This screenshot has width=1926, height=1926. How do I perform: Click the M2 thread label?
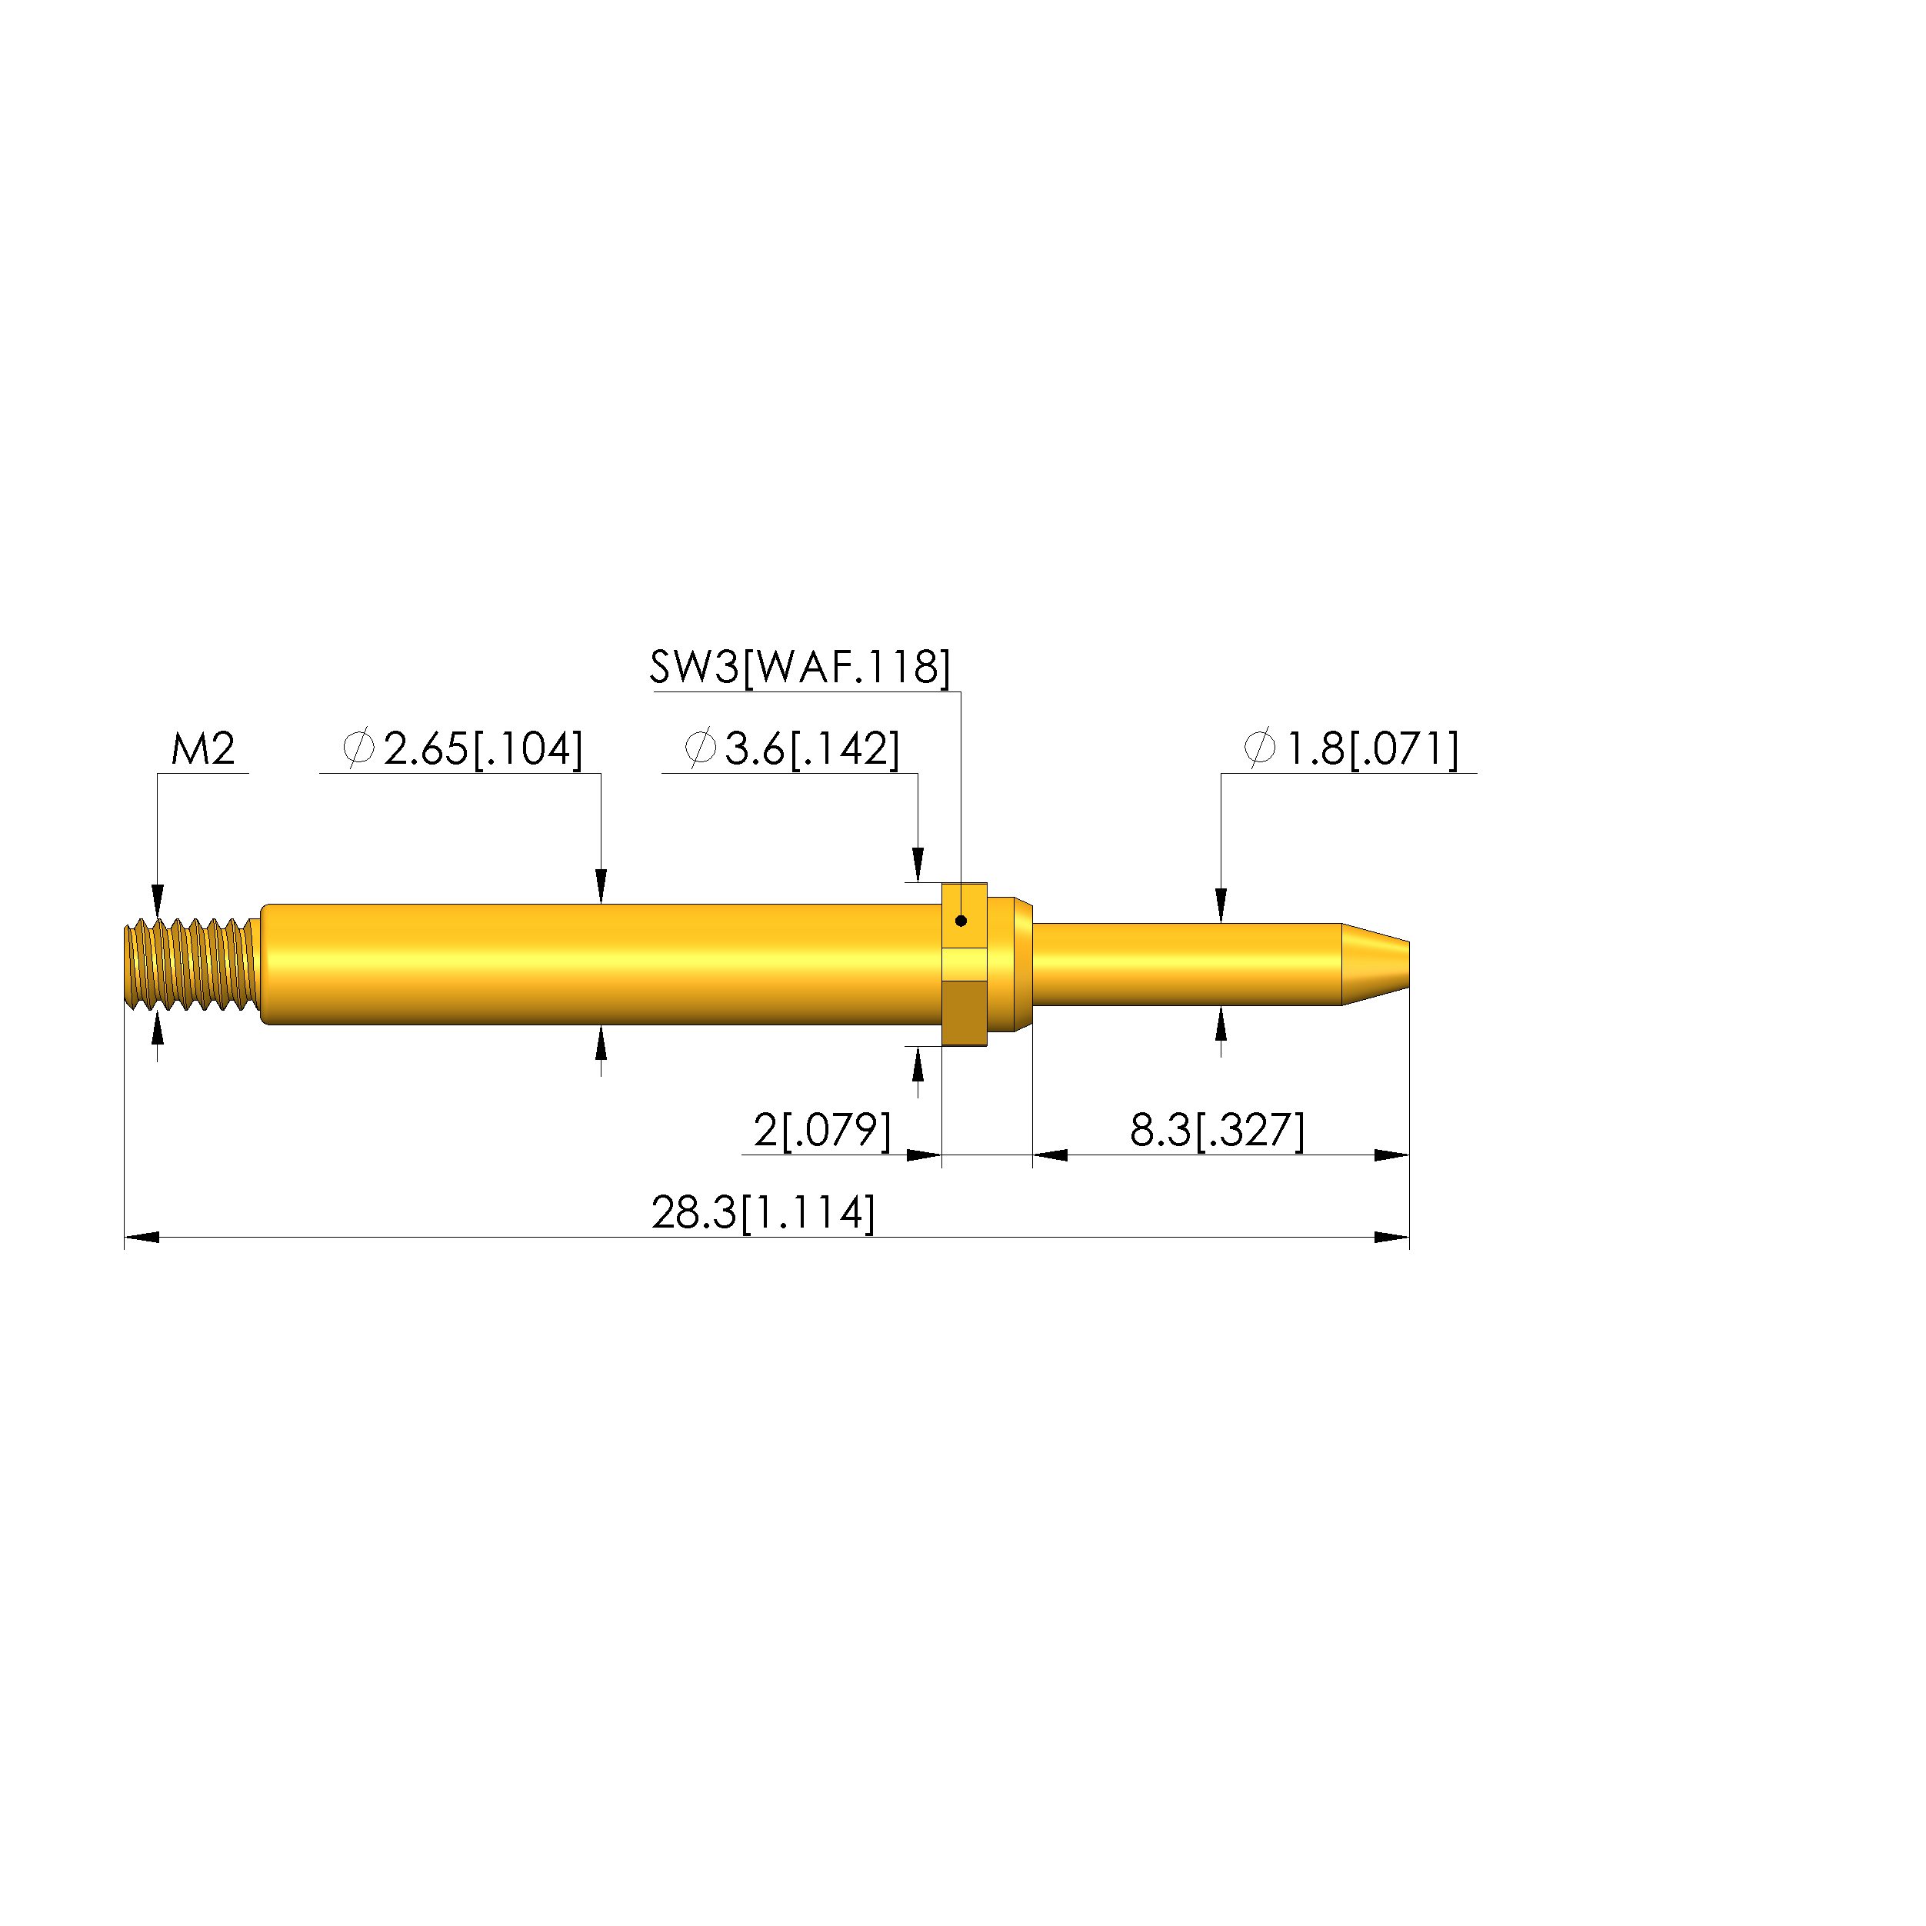click(203, 748)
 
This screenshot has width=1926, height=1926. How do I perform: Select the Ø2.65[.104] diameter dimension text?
click(462, 748)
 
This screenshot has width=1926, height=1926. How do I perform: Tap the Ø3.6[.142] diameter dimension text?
click(792, 748)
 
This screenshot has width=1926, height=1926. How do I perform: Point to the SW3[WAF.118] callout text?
click(801, 667)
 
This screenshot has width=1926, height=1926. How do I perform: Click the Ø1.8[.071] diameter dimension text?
click(1351, 748)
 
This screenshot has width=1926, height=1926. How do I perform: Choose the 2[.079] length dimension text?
click(822, 1131)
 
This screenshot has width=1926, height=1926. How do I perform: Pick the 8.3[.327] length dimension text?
click(1217, 1131)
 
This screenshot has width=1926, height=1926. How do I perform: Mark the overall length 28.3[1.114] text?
click(764, 1213)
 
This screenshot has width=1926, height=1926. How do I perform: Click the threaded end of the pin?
click(189, 964)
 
